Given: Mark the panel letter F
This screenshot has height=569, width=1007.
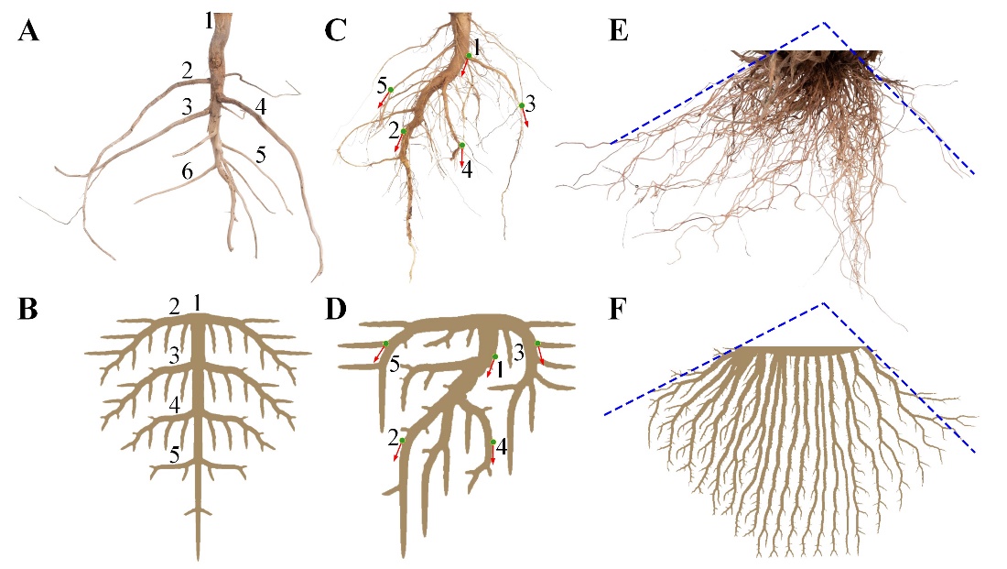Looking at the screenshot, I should [619, 310].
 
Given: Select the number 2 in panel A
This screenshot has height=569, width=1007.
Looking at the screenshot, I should [187, 71].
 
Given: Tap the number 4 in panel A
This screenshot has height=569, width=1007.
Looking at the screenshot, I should [261, 107].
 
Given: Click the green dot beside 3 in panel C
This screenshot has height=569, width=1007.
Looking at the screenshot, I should [521, 106].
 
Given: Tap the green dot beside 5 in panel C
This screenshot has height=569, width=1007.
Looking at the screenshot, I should [390, 90].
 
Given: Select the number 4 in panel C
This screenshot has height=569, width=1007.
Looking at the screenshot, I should [467, 170].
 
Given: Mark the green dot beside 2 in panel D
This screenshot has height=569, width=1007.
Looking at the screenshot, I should [402, 441].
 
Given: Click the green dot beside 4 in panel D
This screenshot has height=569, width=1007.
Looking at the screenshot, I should [493, 443].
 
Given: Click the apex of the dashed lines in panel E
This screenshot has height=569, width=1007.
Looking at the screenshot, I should [823, 22].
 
